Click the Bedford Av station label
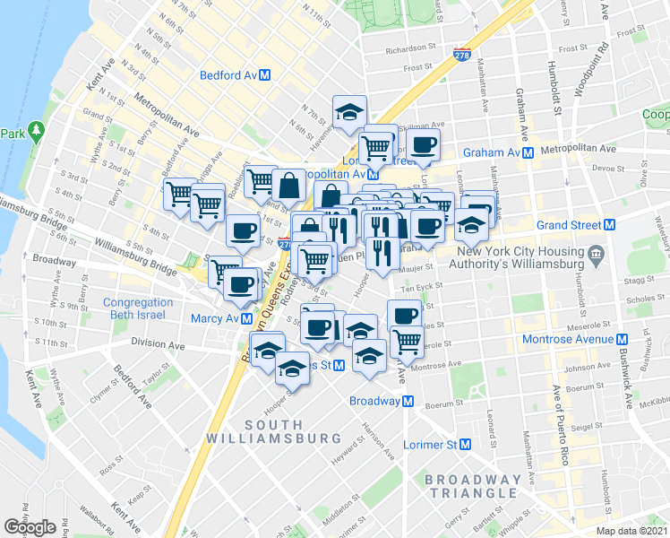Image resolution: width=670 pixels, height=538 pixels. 228,76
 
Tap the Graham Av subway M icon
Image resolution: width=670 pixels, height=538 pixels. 528,152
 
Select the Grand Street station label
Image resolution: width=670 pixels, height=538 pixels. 569,225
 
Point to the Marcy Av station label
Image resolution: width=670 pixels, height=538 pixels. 214,318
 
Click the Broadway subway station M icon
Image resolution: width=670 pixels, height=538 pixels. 408,401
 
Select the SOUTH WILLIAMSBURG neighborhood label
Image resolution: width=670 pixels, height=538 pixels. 272,430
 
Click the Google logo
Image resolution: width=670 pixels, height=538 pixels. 29,526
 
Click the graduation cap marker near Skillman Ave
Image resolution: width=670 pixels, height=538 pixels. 348,111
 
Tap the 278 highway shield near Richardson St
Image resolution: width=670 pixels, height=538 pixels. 462,53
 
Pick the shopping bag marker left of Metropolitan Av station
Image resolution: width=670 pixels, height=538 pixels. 289,186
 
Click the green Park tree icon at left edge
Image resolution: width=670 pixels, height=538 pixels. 36,131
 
